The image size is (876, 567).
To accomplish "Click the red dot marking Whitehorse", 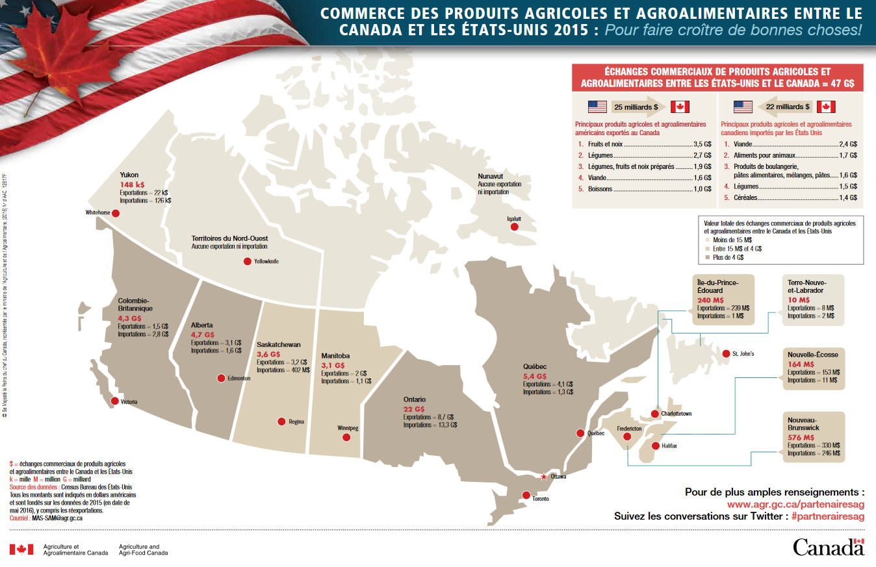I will [115, 213].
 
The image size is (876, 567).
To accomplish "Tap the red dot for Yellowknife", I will [247, 261].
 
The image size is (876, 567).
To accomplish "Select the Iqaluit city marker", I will [514, 227].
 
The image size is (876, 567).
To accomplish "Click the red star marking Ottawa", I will [543, 476].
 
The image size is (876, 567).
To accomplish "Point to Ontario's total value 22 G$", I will [414, 409].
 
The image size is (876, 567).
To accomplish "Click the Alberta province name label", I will [202, 325].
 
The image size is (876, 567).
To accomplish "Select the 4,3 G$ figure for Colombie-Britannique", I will [130, 318].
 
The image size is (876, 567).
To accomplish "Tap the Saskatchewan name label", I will [278, 344].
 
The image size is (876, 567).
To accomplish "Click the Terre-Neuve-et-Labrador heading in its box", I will [806, 287].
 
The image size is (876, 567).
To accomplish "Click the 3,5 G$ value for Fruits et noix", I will [702, 144].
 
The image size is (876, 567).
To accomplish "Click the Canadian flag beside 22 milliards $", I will [826, 107].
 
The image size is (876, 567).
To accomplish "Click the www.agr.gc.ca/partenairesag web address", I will [795, 504].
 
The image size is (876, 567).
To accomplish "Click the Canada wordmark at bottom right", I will [829, 547].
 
